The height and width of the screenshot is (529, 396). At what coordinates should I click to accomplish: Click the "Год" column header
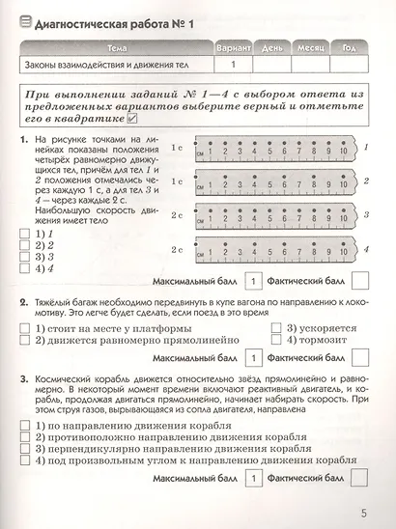point(349,47)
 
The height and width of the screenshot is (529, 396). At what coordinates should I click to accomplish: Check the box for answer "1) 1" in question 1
point(26,233)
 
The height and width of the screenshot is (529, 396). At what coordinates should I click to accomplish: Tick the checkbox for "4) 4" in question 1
point(26,269)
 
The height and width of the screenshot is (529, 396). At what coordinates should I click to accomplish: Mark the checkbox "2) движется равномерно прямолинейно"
point(26,340)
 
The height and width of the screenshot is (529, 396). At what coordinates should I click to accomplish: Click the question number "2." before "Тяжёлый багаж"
point(22,302)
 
